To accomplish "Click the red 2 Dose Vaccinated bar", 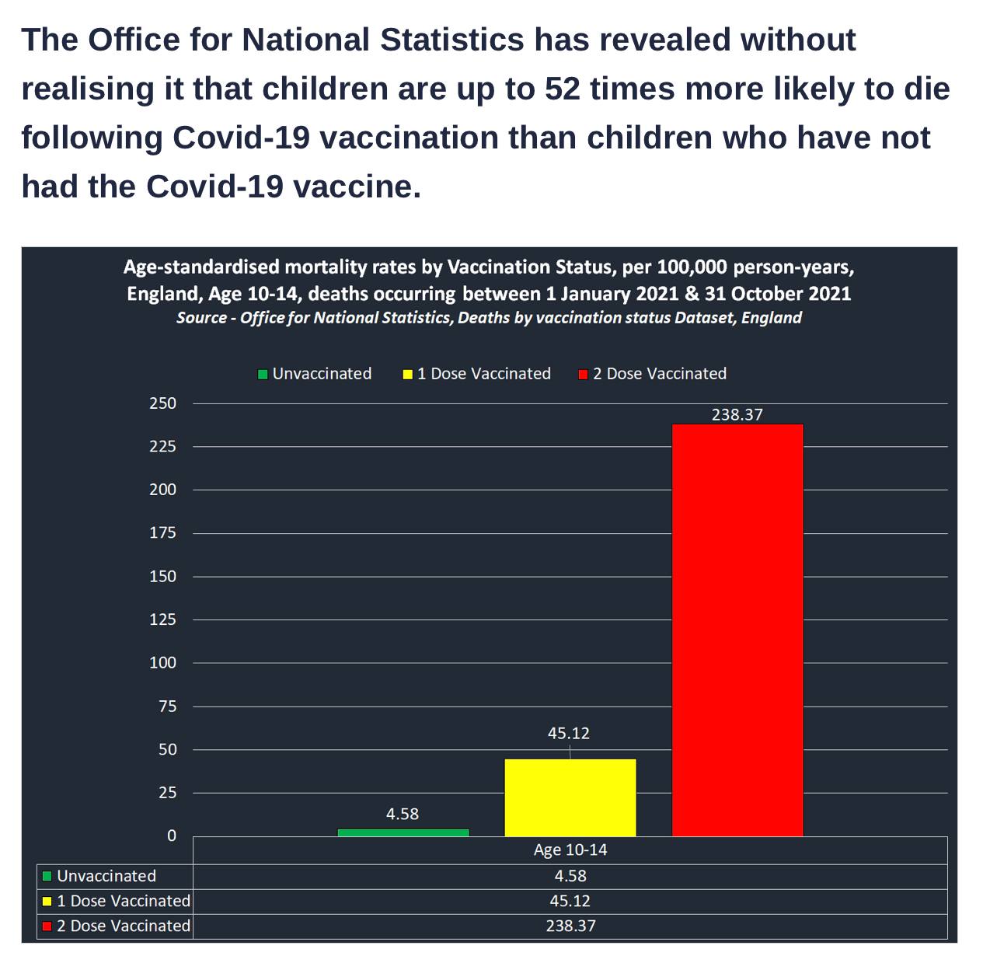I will pos(737,630).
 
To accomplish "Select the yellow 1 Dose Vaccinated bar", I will pos(570,797).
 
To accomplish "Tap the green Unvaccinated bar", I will pos(403,832).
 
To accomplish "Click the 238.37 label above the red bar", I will pos(737,414).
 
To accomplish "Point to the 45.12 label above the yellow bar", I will pos(568,733).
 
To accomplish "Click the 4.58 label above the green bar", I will pos(402,814).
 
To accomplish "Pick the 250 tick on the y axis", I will pos(163,403).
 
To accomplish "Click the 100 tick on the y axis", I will pos(163,663).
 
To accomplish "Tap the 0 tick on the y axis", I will pos(172,836).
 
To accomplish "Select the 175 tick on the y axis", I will pos(163,533).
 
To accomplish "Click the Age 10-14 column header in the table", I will pos(570,850).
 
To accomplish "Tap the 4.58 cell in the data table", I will pos(570,876).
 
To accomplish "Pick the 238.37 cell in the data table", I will pos(570,926).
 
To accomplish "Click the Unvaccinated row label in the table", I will pos(106,876).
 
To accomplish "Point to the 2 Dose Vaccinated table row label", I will pos(123,926).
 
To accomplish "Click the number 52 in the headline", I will pos(562,89).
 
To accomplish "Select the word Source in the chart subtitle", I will pos(201,318).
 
